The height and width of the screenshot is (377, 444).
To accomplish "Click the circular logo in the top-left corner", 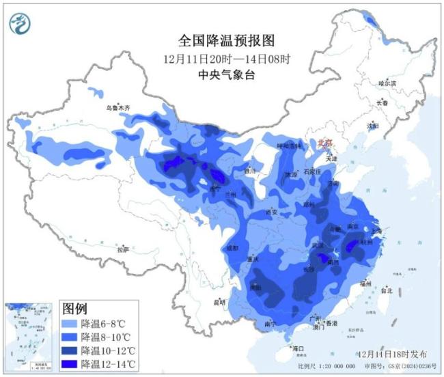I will point(20,24).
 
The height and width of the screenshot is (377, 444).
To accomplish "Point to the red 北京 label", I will point(326,143).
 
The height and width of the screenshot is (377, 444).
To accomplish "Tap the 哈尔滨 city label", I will point(387,83).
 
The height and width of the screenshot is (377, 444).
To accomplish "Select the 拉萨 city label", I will point(122,250).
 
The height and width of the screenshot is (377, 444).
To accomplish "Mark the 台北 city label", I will point(387,290).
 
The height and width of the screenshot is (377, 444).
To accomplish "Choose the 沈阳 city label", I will point(372,126).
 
